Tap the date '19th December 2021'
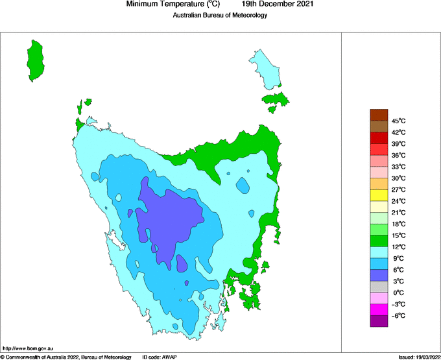282,5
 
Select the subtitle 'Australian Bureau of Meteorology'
220,16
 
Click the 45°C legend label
398,121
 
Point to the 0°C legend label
398,293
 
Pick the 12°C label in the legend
398,246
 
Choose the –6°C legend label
398,315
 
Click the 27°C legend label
398,189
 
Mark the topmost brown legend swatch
379,115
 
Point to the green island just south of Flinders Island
276,101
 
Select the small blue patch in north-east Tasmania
243,186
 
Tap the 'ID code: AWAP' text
159,357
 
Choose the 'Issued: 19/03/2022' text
418,357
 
